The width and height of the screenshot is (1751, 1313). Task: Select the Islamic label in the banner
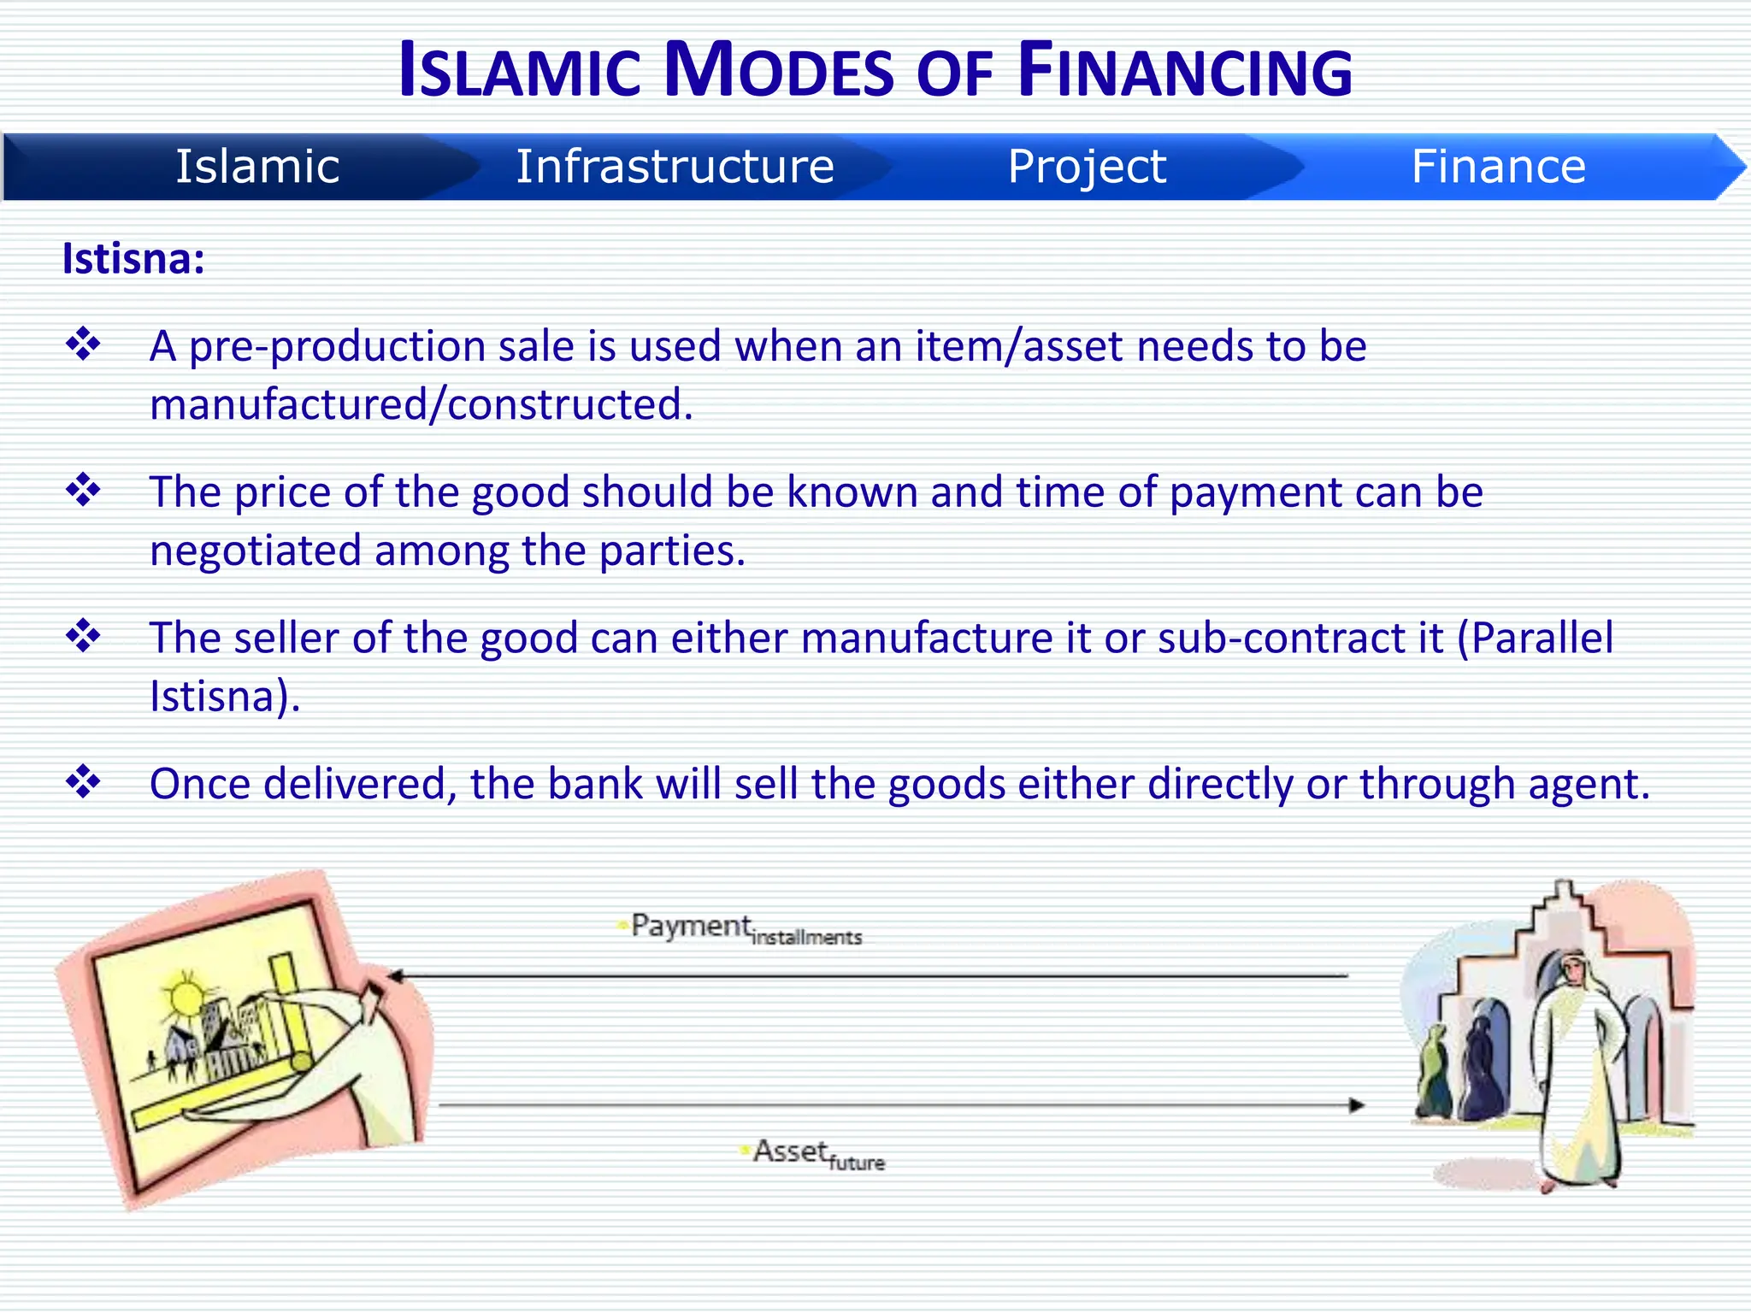click(257, 166)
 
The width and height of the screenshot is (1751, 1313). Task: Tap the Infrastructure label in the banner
click(675, 166)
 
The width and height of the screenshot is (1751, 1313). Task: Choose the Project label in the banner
click(1086, 166)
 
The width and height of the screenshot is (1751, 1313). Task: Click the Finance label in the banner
click(1498, 166)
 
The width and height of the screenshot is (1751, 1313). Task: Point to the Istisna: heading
click(133, 258)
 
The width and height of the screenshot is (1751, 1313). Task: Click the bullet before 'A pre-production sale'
click(83, 344)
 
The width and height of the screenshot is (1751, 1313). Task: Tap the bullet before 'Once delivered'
click(83, 781)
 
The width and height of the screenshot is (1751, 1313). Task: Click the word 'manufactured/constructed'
click(421, 404)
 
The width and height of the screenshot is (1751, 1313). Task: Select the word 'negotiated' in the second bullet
click(256, 551)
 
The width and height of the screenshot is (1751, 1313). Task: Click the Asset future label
click(817, 1155)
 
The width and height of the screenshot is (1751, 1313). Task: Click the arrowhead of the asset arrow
click(1356, 1105)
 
